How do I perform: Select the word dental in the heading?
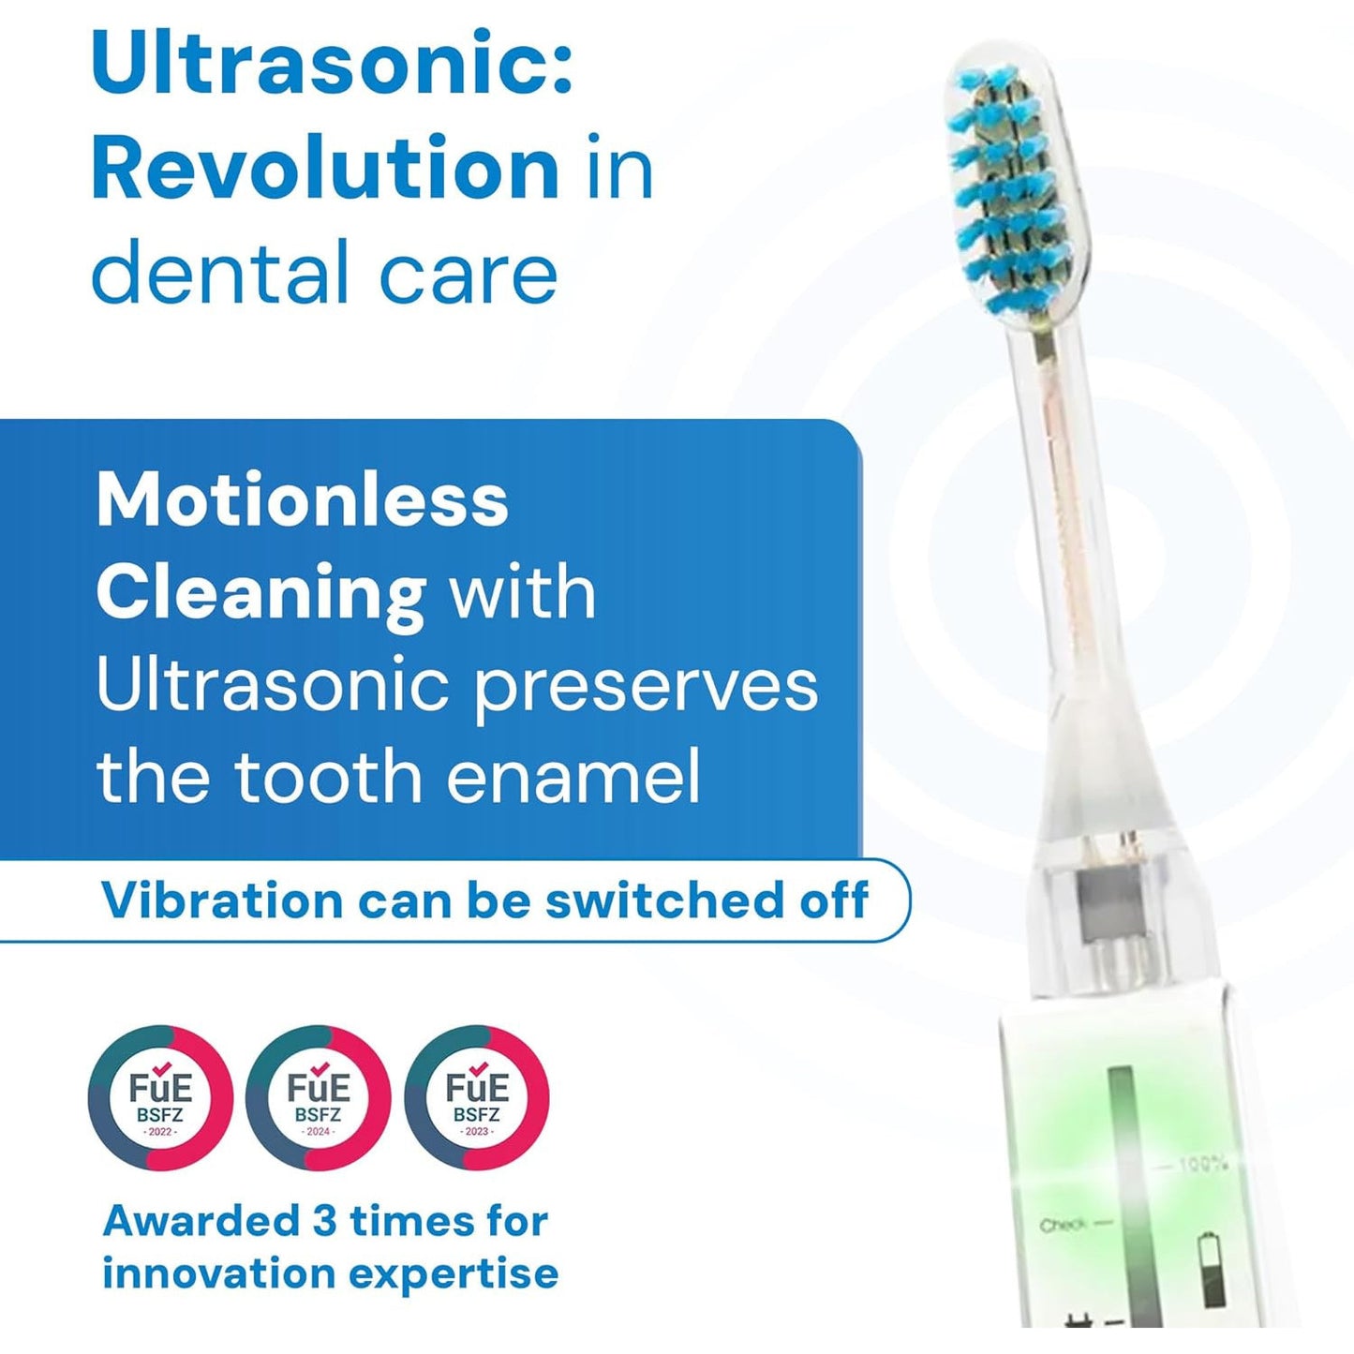tap(221, 273)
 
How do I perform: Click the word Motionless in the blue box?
tap(302, 500)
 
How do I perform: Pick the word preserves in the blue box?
tap(646, 687)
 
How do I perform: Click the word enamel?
tap(573, 778)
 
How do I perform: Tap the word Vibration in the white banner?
tap(222, 900)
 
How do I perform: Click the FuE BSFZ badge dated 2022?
tap(160, 1097)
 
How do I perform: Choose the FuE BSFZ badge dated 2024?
tap(319, 1097)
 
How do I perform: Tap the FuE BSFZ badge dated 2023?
tap(477, 1097)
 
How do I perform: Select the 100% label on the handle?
tap(1202, 1165)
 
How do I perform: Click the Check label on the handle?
tap(1063, 1225)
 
